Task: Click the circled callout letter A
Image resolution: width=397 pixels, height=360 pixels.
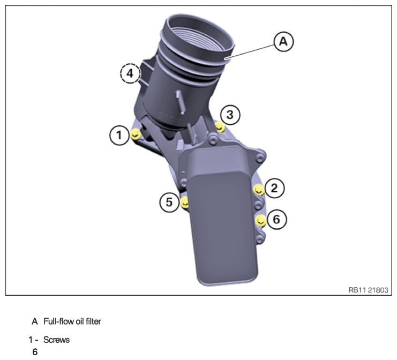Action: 283,41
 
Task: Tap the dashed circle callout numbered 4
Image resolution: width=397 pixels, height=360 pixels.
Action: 130,73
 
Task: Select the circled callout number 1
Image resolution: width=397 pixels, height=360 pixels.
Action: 119,135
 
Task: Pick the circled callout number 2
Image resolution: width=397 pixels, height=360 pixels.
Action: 274,189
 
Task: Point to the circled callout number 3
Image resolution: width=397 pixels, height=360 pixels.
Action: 230,115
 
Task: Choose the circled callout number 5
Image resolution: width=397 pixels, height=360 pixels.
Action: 169,202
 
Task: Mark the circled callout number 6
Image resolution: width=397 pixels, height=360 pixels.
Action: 277,219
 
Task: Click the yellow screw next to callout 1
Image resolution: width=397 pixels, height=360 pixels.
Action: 136,133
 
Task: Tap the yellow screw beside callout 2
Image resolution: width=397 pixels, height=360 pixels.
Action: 259,190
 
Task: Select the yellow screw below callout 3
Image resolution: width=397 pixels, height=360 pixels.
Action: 220,126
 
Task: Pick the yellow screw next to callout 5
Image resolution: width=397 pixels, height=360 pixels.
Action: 185,202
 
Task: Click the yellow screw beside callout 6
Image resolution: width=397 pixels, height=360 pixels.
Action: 260,221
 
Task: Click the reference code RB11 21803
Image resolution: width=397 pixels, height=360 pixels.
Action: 368,290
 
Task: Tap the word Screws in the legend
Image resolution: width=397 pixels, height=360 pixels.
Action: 56,340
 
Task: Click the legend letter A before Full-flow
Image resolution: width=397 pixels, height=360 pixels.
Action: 35,321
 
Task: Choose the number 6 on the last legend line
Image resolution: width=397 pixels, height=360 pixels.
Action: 35,352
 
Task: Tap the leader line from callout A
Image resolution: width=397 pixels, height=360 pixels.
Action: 250,52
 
